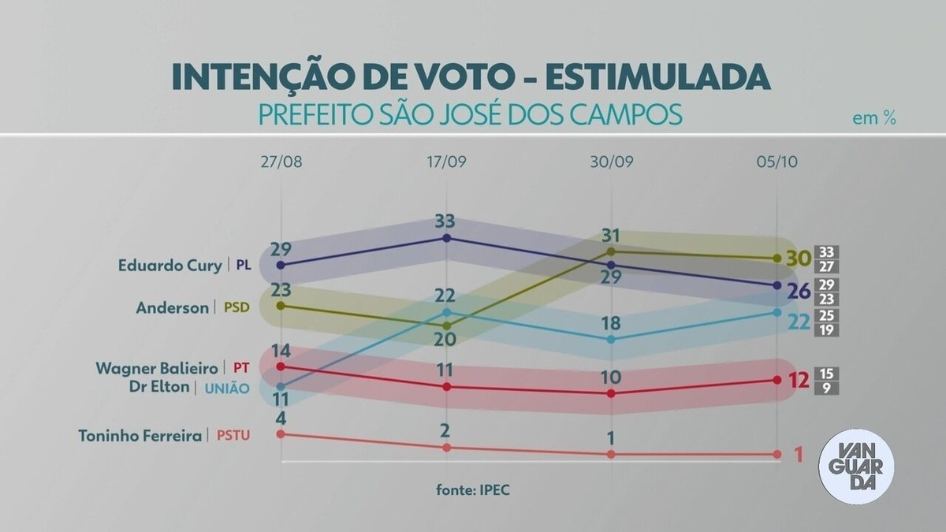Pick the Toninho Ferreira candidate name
point(141,435)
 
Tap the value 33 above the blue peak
point(446,220)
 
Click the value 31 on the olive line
point(611,235)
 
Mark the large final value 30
point(798,258)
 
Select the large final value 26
point(798,292)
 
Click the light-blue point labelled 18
point(611,340)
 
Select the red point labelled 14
point(281,366)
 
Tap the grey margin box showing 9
point(827,388)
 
